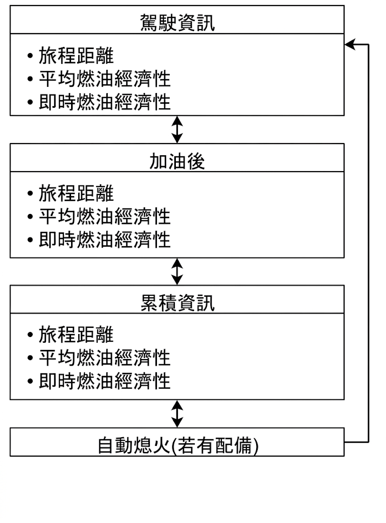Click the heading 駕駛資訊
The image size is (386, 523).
click(177, 22)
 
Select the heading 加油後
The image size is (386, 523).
click(177, 161)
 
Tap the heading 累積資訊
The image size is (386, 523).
click(177, 303)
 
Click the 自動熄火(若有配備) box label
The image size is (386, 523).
click(178, 445)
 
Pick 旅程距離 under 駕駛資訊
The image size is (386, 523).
click(76, 55)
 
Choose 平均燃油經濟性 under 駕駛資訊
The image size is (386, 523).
click(105, 79)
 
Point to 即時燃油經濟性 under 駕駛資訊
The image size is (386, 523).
click(105, 102)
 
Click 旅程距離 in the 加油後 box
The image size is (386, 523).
click(76, 193)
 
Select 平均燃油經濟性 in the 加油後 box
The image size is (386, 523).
click(105, 217)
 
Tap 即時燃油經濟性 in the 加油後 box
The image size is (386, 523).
click(105, 240)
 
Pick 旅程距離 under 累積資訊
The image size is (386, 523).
click(76, 335)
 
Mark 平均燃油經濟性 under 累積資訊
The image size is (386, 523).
click(105, 358)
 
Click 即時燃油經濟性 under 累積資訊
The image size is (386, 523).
click(105, 381)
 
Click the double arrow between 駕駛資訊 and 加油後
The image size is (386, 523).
click(177, 129)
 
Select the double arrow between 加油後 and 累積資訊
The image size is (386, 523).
click(177, 271)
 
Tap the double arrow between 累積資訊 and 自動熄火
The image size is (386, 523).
click(177, 414)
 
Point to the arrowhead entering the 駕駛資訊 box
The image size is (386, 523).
click(349, 44)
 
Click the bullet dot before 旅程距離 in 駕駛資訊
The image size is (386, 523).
click(30, 56)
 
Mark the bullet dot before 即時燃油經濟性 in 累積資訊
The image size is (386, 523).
click(30, 381)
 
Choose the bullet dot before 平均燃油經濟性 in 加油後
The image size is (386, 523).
click(30, 217)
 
